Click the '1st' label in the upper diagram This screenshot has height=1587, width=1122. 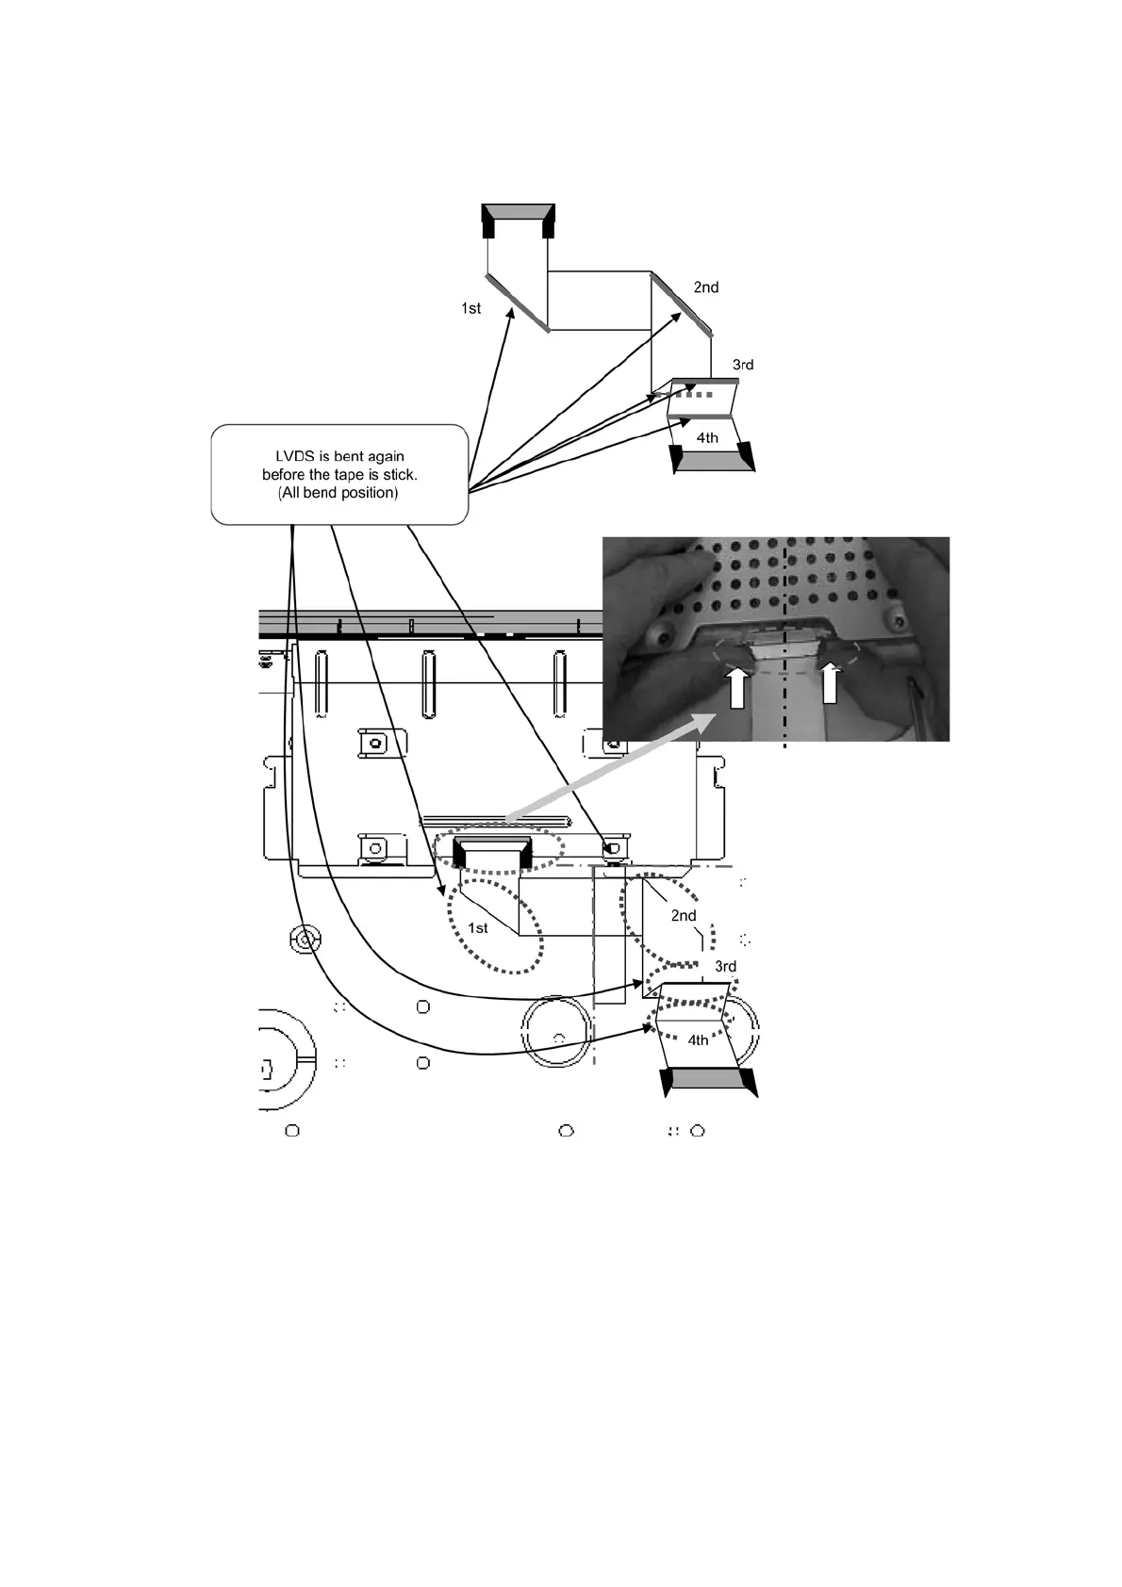[x=470, y=308]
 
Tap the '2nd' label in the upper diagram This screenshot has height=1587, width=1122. [x=706, y=287]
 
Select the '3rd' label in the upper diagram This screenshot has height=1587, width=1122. [x=743, y=365]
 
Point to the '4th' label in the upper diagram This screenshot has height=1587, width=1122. [x=707, y=438]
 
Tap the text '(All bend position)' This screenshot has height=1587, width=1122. [x=338, y=493]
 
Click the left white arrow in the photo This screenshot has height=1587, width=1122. [x=737, y=685]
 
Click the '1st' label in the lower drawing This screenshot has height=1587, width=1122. [x=478, y=928]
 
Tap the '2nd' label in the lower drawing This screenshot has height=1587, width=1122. [x=684, y=916]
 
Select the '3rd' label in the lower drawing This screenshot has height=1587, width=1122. [x=725, y=967]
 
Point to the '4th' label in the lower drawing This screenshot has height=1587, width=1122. [x=698, y=1040]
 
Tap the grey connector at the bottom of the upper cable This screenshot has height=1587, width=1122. [x=712, y=461]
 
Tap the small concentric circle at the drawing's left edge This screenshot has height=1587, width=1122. [x=303, y=940]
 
